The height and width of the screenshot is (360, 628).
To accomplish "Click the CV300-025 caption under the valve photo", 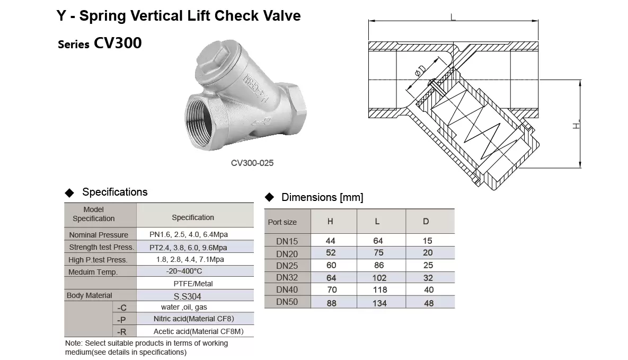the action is coord(252,163).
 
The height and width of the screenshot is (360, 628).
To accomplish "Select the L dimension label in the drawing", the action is coord(453,17).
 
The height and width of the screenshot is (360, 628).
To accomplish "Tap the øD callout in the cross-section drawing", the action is coord(420,71).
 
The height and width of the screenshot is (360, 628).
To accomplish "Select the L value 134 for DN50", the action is coord(379,303).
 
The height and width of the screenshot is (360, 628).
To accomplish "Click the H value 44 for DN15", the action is coord(330,241).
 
